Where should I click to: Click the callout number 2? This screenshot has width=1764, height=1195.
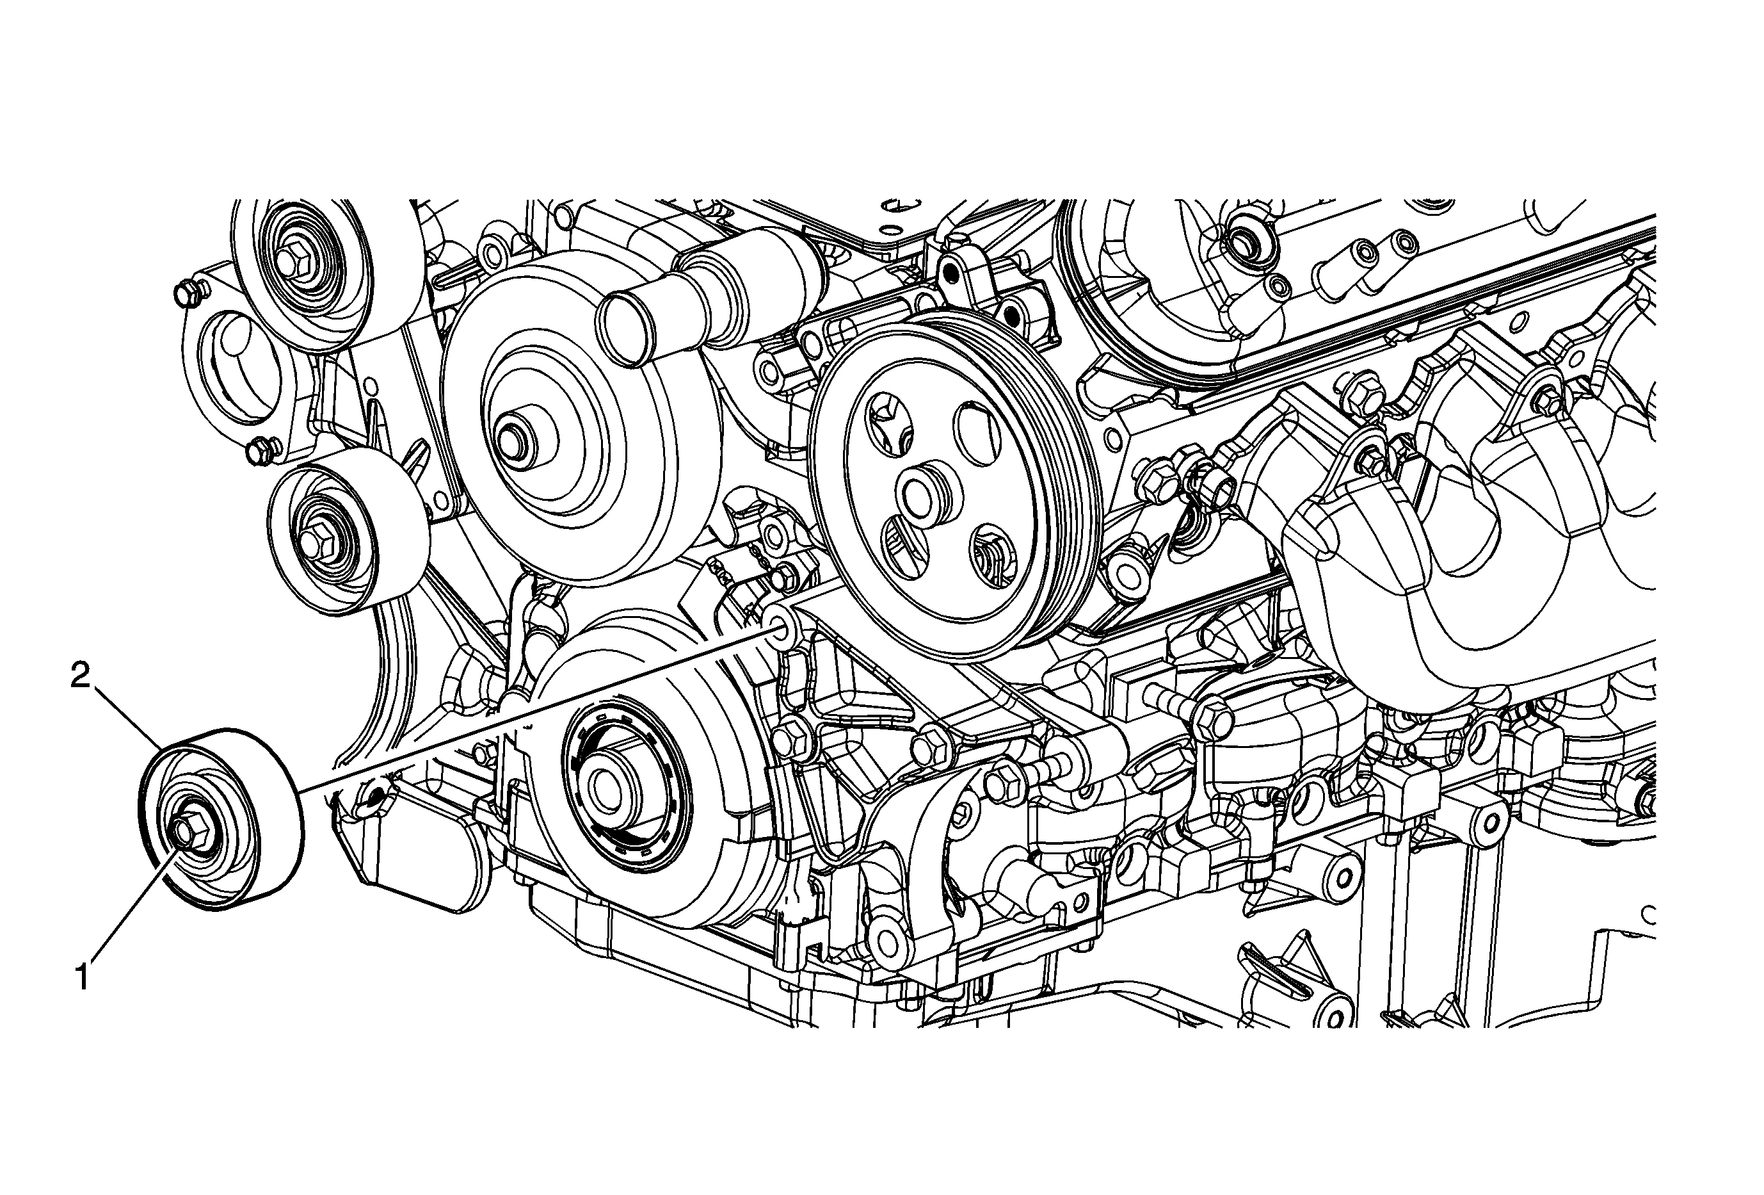click(x=81, y=676)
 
